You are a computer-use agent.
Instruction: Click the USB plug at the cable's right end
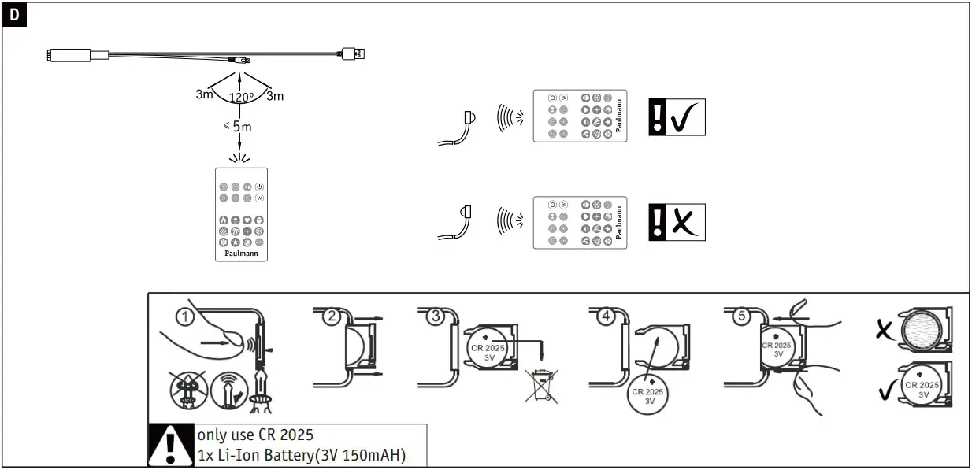click(355, 54)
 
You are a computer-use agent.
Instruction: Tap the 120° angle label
click(241, 98)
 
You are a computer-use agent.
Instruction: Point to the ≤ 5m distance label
click(237, 125)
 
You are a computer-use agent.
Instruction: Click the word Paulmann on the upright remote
click(240, 254)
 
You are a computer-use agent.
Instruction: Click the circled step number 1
click(184, 316)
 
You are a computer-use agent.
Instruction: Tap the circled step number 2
click(332, 316)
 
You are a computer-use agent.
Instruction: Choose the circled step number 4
click(606, 316)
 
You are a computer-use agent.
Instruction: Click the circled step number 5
click(740, 316)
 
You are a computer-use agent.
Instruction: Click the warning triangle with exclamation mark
click(170, 446)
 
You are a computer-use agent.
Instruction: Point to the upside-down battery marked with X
click(923, 329)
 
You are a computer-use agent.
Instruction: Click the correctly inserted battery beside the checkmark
click(923, 385)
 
